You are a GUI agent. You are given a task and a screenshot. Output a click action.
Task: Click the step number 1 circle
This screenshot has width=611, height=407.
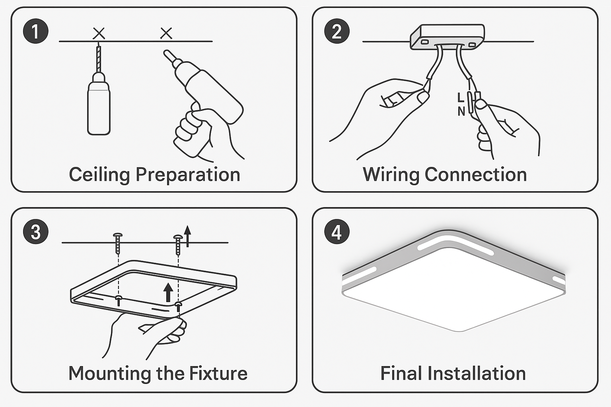[35, 31]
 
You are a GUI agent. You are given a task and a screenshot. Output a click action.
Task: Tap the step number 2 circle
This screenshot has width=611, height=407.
[337, 31]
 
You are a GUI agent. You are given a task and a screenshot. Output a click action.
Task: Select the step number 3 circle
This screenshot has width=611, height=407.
[35, 232]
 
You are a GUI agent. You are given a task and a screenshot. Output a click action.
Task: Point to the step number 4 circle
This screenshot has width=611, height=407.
[337, 232]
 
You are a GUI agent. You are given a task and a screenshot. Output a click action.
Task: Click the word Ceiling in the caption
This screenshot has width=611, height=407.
[99, 175]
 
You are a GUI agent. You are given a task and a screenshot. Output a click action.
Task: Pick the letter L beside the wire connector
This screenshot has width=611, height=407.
[461, 97]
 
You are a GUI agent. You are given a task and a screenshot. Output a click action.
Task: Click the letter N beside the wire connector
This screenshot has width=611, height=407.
[461, 111]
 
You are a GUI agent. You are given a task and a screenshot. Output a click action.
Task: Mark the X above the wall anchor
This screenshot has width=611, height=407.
[99, 33]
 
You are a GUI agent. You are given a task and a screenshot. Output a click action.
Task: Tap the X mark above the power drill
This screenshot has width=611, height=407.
[166, 33]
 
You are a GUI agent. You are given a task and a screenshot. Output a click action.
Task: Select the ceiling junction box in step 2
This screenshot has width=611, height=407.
[448, 37]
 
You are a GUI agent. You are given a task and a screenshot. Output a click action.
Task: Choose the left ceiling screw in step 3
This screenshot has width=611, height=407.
[118, 243]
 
